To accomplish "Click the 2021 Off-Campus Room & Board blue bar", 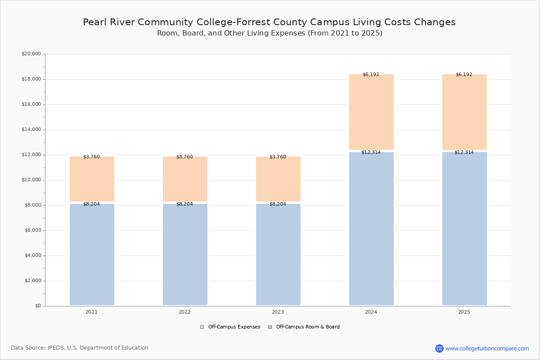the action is click(92, 254).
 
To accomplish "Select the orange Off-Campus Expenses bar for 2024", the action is click(371, 112).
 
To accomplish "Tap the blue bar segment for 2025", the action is click(464, 229).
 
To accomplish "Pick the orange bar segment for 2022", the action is click(185, 179).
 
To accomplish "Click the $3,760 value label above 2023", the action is click(278, 157).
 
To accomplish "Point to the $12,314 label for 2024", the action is click(371, 152).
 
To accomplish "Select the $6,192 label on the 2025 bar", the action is click(464, 74).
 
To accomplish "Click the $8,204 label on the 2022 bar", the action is click(184, 204).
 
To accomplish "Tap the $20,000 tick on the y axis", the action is click(31, 54).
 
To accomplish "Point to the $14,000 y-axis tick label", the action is click(31, 130).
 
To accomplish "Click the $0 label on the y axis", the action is click(38, 306).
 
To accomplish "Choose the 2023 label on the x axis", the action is click(278, 312).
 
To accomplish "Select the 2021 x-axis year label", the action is click(92, 312).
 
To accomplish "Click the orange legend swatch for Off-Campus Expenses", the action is click(202, 327).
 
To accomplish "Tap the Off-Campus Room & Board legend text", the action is click(308, 327).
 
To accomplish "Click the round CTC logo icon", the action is click(439, 348).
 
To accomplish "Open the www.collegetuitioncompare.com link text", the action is click(487, 348).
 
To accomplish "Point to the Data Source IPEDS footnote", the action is click(80, 348).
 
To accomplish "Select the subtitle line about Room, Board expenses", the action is click(270, 33).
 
